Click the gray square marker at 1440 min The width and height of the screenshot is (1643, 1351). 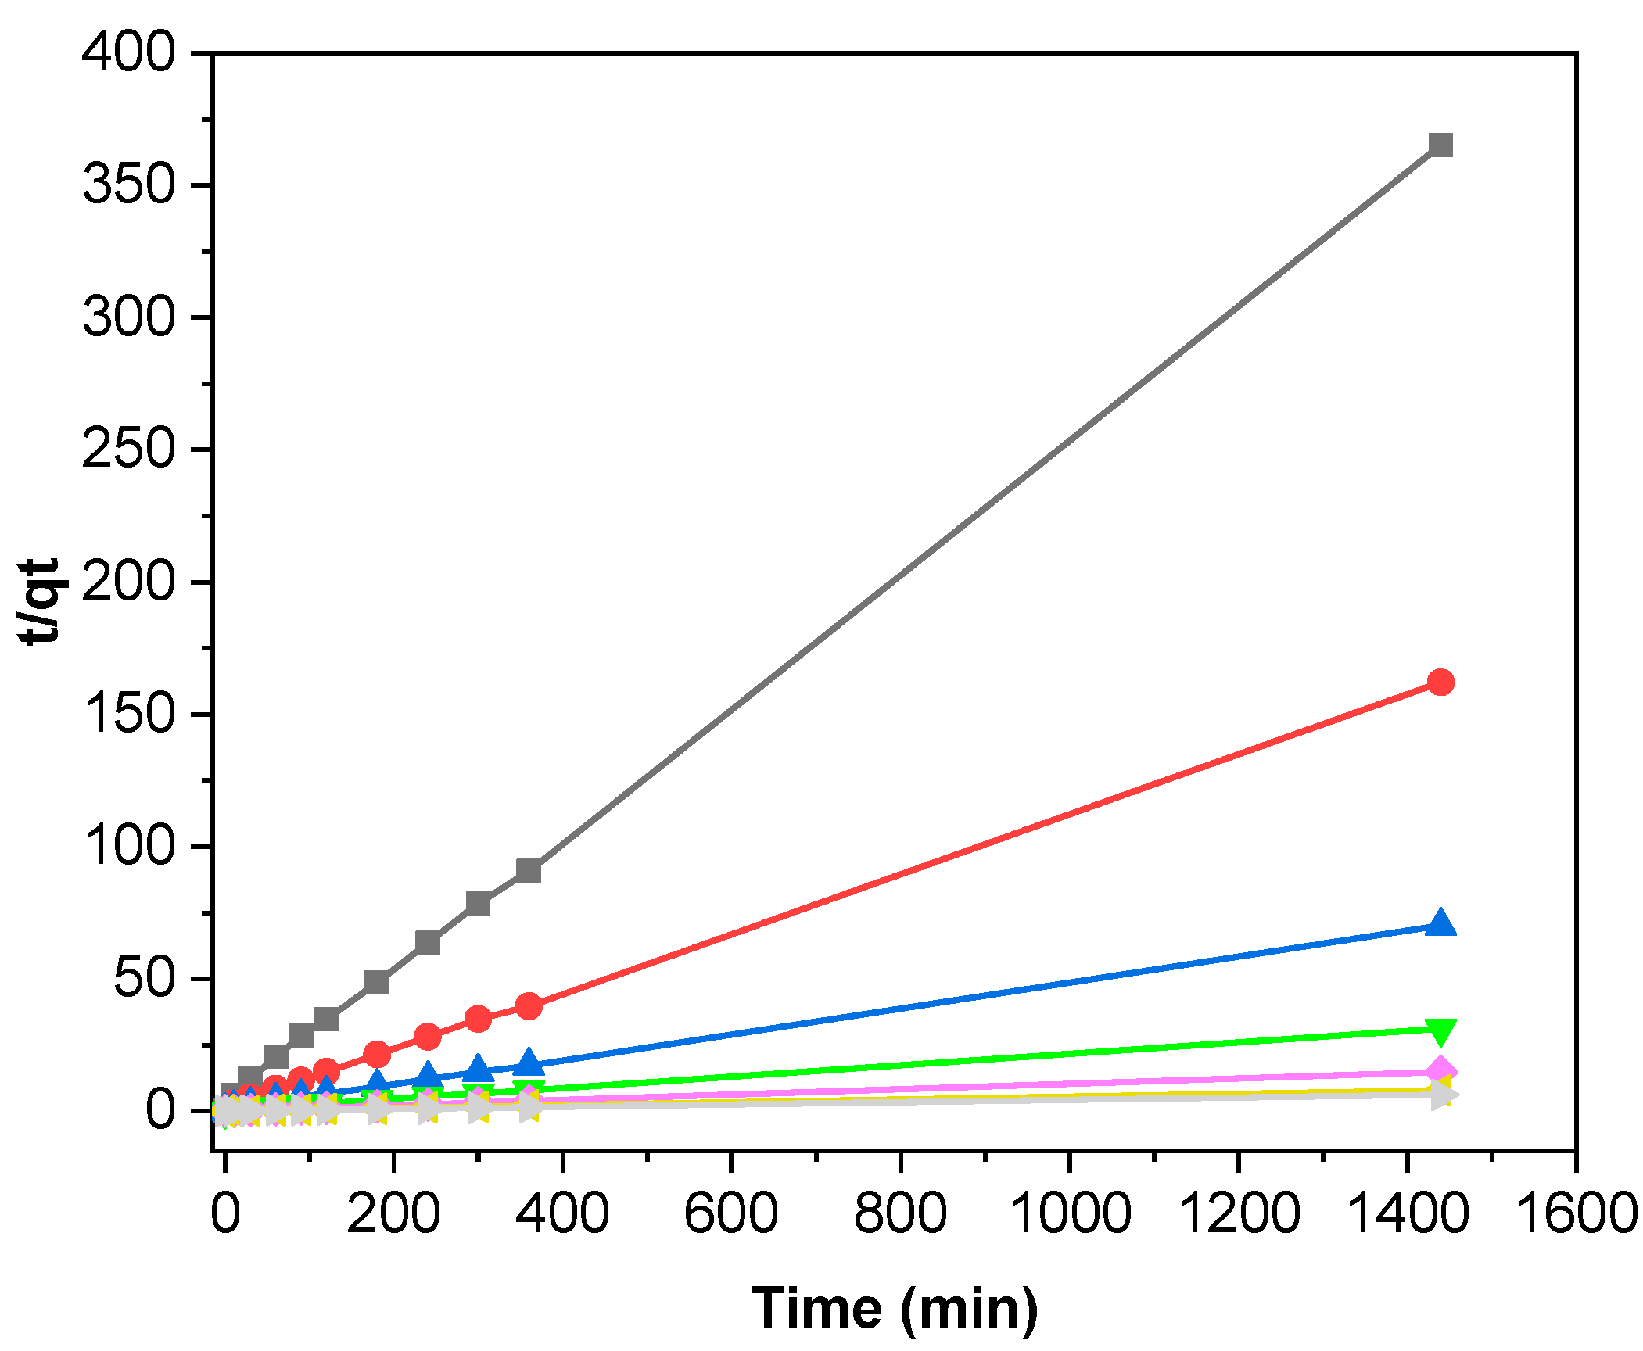tap(1440, 145)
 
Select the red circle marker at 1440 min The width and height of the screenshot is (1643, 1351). tap(1440, 683)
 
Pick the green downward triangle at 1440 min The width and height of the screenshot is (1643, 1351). tap(1440, 1030)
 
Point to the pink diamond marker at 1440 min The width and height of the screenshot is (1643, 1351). tap(1440, 1071)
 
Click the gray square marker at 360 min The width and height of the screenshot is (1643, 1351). tap(529, 870)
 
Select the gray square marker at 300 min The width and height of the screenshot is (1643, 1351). tap(478, 903)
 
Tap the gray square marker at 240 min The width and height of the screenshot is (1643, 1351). tap(428, 942)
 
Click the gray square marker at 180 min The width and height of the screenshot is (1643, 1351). tap(377, 981)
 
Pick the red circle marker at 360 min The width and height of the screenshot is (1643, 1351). tap(529, 1006)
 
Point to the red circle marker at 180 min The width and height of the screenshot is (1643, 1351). tap(377, 1054)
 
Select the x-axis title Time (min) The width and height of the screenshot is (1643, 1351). tap(895, 1308)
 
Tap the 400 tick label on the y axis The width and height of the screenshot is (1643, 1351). tap(130, 53)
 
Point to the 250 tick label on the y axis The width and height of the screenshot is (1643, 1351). tap(130, 450)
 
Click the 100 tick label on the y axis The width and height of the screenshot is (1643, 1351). tap(130, 846)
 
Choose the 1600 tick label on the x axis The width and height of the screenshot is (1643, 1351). tap(1575, 1214)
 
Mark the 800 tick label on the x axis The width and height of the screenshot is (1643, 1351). tap(900, 1214)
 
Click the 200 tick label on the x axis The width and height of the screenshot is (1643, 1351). tap(393, 1214)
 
